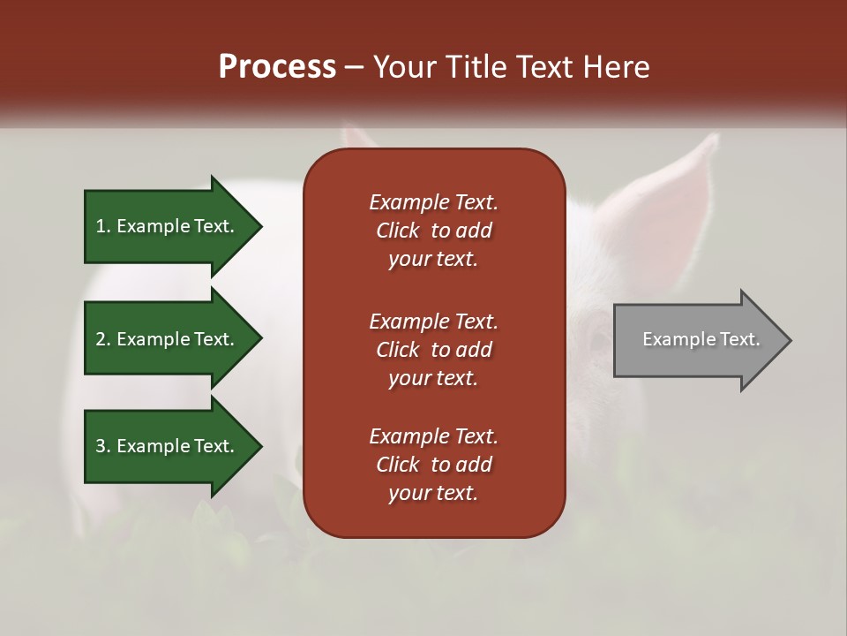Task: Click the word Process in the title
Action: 277,67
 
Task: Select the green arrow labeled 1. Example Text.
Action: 168,226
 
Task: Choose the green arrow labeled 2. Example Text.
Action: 168,339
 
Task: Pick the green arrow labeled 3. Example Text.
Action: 168,446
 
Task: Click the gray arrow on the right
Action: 697,339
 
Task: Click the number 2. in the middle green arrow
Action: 103,339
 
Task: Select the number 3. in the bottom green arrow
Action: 103,446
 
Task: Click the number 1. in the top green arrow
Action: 103,226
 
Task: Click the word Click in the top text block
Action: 397,231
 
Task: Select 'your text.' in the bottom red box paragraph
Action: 433,494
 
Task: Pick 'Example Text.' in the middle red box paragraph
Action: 433,322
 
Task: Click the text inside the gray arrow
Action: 701,339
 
